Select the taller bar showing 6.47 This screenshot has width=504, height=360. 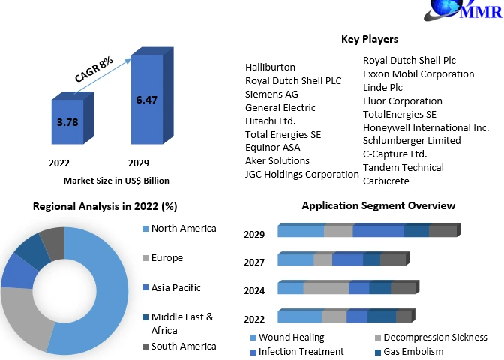(151, 100)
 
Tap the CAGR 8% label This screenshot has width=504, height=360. (94, 68)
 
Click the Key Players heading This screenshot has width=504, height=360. (369, 39)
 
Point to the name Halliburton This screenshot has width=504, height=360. (270, 67)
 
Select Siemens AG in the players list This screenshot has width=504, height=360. (272, 94)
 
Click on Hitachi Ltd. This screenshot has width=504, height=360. (271, 121)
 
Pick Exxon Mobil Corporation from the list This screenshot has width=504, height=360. (418, 73)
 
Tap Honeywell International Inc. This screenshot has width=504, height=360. (425, 127)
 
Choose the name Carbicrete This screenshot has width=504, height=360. (385, 181)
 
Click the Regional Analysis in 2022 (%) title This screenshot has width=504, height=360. (105, 206)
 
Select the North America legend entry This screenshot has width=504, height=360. (183, 228)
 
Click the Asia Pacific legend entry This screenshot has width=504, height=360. (175, 287)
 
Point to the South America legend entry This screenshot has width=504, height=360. (183, 346)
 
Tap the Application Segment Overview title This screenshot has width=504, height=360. (378, 205)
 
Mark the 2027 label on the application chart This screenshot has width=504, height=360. (254, 262)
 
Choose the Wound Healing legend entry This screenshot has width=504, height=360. (291, 337)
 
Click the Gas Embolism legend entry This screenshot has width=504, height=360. (413, 351)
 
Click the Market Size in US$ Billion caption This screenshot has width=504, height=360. (116, 180)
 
